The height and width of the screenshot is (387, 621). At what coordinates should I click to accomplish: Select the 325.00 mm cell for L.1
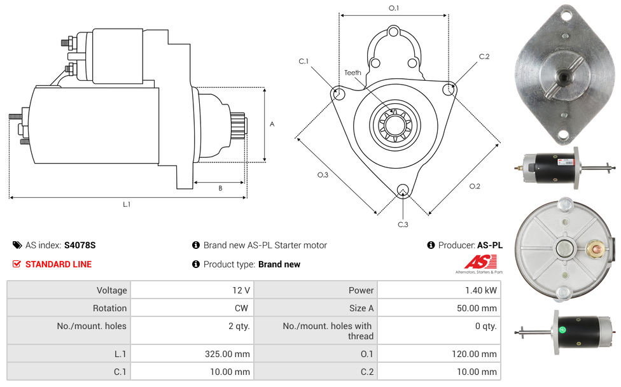[x=226, y=354]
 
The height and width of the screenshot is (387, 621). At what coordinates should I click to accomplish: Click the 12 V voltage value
[x=241, y=290]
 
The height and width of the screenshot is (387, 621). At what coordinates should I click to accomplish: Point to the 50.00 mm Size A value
[x=477, y=308]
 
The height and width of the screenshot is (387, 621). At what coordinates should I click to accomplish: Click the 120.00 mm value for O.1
[x=475, y=354]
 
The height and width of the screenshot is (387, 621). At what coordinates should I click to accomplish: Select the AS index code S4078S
[x=80, y=245]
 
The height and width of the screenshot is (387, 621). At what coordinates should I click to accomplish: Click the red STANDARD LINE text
[x=59, y=264]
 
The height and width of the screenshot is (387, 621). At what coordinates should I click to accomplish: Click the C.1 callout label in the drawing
[x=304, y=61]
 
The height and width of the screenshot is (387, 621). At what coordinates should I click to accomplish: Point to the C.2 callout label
[x=484, y=57]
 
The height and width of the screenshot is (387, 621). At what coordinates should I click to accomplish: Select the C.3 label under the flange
[x=403, y=224]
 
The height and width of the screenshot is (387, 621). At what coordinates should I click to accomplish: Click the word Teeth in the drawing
[x=352, y=73]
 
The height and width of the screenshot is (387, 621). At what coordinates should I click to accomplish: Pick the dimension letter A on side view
[x=272, y=124]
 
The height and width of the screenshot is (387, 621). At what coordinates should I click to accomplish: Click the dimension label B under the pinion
[x=220, y=188]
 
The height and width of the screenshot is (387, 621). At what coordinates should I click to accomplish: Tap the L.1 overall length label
[x=127, y=204]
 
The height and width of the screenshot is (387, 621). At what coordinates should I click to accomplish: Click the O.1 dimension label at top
[x=394, y=8]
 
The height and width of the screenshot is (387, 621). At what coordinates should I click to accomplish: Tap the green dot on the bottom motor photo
[x=562, y=330]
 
